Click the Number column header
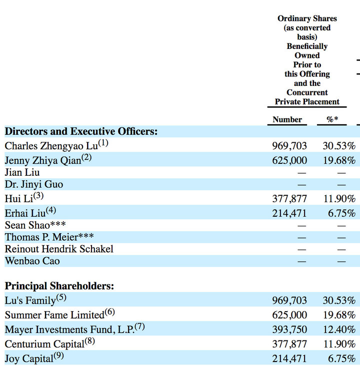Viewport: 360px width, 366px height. click(287, 119)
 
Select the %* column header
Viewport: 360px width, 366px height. click(332, 119)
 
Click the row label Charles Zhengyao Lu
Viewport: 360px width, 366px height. click(51, 146)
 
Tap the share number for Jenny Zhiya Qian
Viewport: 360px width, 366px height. click(289, 160)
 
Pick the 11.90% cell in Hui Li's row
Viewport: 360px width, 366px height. click(339, 199)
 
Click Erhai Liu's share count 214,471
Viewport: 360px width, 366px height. click(289, 213)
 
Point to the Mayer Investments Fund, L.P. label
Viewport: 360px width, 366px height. click(69, 330)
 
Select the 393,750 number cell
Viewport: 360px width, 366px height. click(289, 330)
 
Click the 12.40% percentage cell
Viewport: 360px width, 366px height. click(339, 330)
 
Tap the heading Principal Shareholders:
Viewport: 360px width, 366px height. click(59, 286)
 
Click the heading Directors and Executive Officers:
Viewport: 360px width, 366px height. click(81, 131)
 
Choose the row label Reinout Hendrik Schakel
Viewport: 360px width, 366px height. click(59, 249)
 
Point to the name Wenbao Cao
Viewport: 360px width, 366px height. click(32, 261)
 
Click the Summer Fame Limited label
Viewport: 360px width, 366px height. click(54, 315)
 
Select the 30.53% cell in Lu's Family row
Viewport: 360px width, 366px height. click(339, 301)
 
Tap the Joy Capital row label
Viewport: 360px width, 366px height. click(29, 359)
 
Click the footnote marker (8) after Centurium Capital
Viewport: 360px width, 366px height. click(90, 341)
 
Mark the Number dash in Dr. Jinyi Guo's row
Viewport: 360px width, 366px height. click(301, 185)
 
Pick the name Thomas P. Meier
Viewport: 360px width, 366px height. click(41, 237)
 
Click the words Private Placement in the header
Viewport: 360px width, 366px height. click(307, 101)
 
